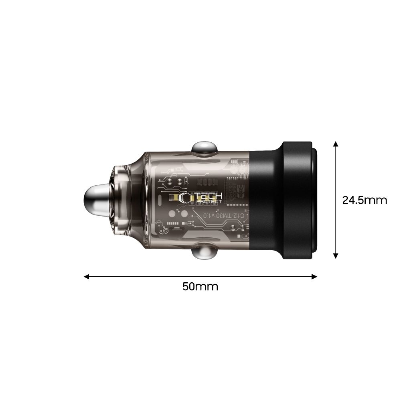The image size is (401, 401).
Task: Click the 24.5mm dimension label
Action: (365, 200)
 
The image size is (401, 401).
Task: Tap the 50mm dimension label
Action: (200, 287)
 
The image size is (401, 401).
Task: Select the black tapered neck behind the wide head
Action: (265, 200)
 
